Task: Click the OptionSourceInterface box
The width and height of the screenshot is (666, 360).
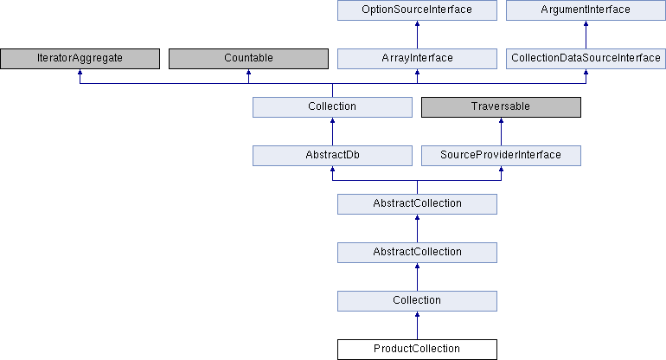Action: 417,10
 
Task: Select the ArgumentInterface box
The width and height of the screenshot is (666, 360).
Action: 586,10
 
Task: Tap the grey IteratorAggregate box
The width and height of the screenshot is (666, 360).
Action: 80,59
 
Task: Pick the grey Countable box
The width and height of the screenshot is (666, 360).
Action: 248,59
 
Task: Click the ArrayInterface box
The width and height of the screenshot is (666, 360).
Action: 417,59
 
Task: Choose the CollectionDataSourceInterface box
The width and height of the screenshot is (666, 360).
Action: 586,59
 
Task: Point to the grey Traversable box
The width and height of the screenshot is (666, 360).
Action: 501,107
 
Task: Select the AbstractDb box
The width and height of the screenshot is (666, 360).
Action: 333,156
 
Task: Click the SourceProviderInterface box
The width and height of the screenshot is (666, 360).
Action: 501,156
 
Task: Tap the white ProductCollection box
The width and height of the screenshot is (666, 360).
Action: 417,350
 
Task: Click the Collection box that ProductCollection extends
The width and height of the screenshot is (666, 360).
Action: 417,301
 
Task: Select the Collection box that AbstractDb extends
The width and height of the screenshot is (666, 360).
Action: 333,107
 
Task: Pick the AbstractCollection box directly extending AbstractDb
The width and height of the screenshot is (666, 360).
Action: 417,204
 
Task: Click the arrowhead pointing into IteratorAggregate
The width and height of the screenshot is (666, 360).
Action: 80,72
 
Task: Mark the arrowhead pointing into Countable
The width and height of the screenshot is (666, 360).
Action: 248,72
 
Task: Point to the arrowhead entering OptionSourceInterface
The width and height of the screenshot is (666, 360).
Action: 417,23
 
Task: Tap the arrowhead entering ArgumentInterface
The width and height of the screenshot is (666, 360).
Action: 586,23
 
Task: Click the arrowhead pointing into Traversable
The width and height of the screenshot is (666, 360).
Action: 501,120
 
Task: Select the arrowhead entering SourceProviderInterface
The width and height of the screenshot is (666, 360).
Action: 501,169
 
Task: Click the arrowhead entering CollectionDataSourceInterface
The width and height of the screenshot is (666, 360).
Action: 586,72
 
